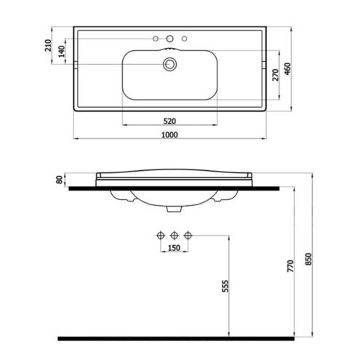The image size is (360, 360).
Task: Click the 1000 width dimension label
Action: click(x=169, y=135)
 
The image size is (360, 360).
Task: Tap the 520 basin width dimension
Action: click(x=169, y=121)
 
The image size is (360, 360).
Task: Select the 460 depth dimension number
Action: click(x=287, y=69)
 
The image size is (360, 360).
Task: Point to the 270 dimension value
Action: click(x=276, y=75)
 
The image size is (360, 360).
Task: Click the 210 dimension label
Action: click(x=48, y=45)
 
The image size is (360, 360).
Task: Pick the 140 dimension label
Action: click(x=62, y=52)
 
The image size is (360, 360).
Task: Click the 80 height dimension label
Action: click(x=60, y=180)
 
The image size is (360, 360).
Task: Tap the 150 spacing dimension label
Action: click(x=174, y=248)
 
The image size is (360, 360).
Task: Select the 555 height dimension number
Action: click(x=225, y=286)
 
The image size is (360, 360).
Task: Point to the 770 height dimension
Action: click(x=290, y=266)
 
